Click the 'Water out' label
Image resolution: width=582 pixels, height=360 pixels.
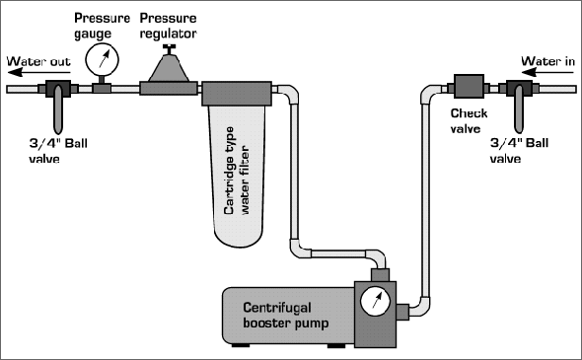tap(38, 61)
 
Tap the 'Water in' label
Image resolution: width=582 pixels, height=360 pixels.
tap(547, 61)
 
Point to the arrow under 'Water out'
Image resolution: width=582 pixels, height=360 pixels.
tap(36, 72)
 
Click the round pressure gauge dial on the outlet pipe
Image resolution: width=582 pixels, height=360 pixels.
tap(102, 60)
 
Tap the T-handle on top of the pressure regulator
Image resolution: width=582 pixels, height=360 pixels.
tap(170, 49)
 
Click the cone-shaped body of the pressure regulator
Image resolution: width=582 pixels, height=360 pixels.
tap(169, 68)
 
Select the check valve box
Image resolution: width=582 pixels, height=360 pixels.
tap(470, 86)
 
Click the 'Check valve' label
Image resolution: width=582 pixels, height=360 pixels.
tap(469, 121)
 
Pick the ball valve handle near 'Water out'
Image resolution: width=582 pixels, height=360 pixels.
tap(58, 109)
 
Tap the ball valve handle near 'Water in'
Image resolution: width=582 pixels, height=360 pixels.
tap(519, 108)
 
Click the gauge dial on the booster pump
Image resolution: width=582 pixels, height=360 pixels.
tap(375, 301)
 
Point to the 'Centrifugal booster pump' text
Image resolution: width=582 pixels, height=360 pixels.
tap(285, 315)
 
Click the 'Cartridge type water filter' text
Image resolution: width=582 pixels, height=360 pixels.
tap(237, 171)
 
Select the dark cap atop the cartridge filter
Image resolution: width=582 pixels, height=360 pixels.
tap(237, 94)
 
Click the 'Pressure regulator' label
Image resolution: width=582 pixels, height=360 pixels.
tap(168, 26)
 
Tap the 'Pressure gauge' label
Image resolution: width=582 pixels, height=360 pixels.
tap(102, 26)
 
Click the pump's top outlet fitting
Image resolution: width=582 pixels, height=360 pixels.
tap(380, 275)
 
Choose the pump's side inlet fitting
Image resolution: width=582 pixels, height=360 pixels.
tap(402, 312)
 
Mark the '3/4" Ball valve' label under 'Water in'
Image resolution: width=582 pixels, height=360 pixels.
tap(519, 151)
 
